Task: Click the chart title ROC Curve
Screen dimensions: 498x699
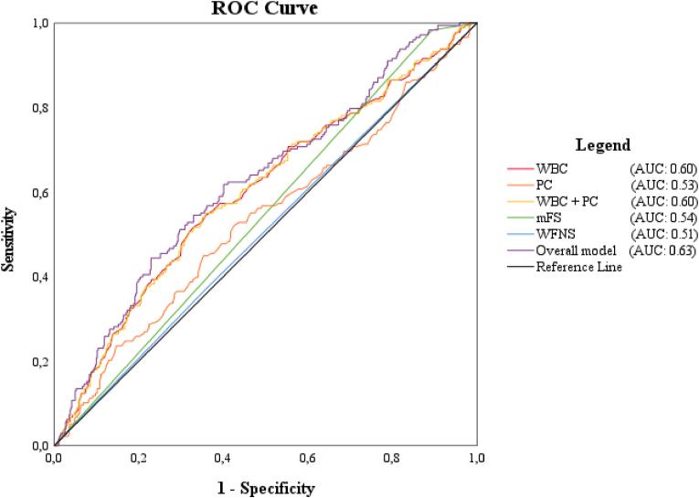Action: pos(266,8)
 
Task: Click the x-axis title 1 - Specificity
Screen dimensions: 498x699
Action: pos(266,488)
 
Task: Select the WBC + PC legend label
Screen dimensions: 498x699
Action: pos(567,201)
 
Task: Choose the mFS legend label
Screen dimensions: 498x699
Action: pos(548,217)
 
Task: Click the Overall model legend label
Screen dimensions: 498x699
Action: pos(575,250)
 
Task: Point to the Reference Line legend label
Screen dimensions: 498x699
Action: pos(579,267)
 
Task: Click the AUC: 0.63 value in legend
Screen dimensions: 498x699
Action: pos(666,250)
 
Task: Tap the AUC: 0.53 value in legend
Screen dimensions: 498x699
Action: pos(663,185)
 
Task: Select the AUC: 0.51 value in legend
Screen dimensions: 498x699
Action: pos(663,234)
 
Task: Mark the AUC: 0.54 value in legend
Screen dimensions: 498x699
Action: pos(663,217)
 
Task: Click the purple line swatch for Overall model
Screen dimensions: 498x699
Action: pos(520,251)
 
